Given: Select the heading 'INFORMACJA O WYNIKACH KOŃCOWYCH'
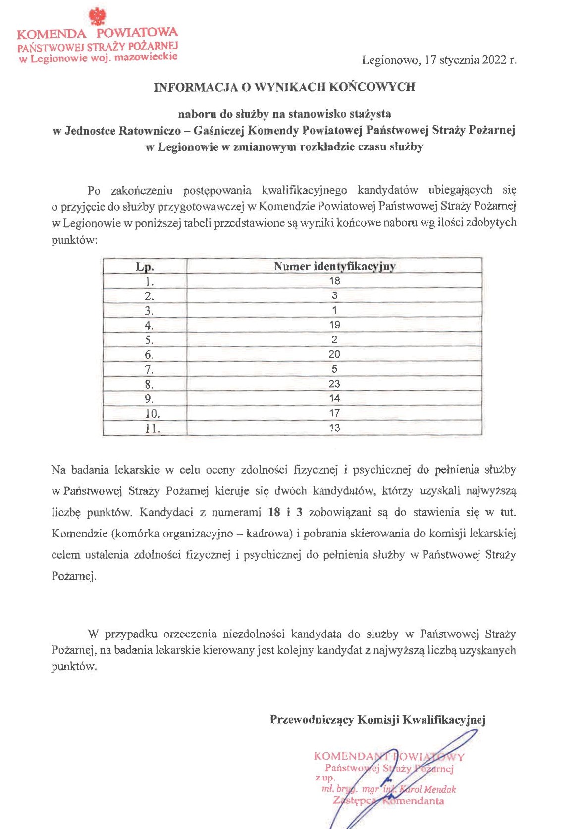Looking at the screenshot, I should point(284,87).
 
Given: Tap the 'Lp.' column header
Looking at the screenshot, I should point(145,267).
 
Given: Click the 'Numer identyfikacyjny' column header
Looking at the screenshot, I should point(334,266).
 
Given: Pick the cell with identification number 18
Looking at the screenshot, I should point(334,281).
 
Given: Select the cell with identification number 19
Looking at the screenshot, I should point(334,325).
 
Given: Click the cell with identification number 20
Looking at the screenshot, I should point(334,354).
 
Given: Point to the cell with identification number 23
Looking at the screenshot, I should point(334,384).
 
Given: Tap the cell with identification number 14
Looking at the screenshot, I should point(334,398).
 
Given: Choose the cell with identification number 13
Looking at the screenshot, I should point(334,428).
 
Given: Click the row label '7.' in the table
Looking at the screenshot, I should point(149,370).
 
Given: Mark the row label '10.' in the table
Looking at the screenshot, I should point(152,414).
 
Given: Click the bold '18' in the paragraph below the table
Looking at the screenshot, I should point(274,512).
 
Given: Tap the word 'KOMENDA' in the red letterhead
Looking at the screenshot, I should point(51,34).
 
